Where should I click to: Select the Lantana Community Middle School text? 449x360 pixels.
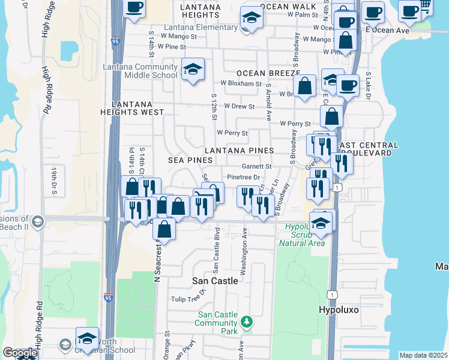(140, 71)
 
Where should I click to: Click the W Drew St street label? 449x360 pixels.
(239, 106)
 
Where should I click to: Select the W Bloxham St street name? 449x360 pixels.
(241, 84)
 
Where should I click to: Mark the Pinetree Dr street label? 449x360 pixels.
(243, 177)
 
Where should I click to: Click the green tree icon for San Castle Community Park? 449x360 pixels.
(246, 323)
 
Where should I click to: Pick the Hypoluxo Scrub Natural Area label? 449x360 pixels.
(301, 234)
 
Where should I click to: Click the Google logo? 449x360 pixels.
(19, 353)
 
